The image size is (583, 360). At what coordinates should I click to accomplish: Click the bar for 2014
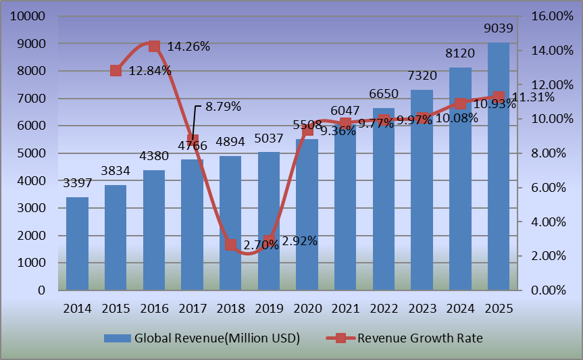[x=77, y=244]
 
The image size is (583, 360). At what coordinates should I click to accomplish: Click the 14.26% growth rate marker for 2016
[x=154, y=46]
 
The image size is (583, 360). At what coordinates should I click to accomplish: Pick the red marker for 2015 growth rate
[x=116, y=70]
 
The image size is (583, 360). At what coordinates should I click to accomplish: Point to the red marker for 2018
[x=230, y=245]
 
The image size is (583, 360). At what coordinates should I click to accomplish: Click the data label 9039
[x=499, y=28]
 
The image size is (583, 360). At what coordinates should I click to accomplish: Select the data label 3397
[x=77, y=183]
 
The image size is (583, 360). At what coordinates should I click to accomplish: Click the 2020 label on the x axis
[x=307, y=308]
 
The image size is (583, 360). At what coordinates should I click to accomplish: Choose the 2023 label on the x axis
[x=422, y=308]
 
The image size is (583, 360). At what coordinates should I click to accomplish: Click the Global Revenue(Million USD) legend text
[x=217, y=338]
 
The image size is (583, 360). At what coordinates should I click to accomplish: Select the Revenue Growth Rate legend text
[x=420, y=338]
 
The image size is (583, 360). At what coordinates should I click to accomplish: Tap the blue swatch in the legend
[x=117, y=338]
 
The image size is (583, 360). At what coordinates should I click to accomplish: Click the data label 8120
[x=461, y=53]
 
